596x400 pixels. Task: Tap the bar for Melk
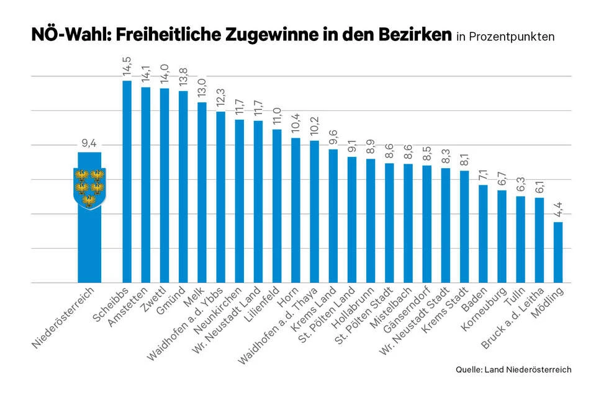click(x=202, y=192)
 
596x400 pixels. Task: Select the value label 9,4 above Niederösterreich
click(x=89, y=144)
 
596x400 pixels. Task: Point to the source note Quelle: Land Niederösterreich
click(x=513, y=370)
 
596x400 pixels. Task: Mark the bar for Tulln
click(x=520, y=239)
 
